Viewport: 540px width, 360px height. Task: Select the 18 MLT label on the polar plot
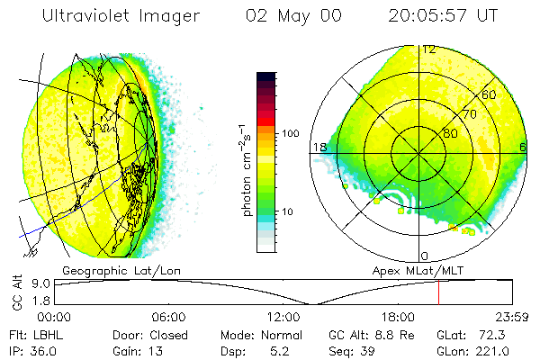click(319, 147)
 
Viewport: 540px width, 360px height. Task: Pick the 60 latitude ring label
click(490, 94)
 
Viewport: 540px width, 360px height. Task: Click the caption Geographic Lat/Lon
click(108, 270)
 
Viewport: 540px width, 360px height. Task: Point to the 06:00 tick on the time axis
click(168, 317)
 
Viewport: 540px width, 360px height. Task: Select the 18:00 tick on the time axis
click(398, 317)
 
